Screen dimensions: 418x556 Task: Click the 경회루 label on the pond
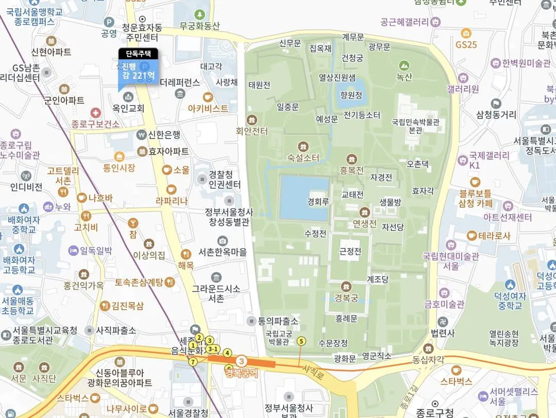(318, 202)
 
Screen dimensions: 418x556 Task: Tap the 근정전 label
(350, 252)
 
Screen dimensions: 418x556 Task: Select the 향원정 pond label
(351, 95)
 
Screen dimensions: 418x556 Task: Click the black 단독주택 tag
(138, 53)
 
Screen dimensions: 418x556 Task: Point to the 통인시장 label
(119, 168)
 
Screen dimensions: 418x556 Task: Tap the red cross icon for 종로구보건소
(95, 112)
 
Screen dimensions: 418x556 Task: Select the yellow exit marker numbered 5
(302, 341)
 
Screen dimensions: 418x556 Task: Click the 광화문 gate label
(344, 358)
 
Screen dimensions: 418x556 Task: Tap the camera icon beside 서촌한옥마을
(222, 241)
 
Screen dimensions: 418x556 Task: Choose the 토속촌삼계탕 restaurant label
(139, 282)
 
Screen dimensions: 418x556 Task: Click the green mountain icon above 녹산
(404, 65)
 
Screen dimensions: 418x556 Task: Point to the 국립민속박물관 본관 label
(415, 126)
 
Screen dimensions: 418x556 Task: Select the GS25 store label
(466, 44)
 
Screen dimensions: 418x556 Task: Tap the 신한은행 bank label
(164, 135)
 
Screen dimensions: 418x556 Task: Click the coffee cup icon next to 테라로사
(472, 236)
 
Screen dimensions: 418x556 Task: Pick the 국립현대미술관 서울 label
(450, 261)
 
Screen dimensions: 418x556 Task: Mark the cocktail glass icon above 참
(133, 223)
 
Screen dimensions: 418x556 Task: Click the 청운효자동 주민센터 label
(143, 32)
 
